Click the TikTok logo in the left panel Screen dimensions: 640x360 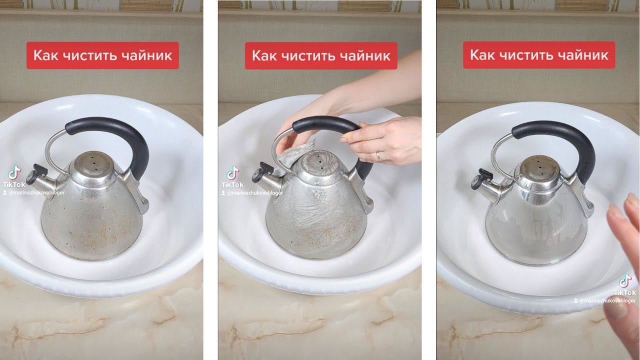(14, 173)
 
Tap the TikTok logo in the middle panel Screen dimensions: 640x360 (232, 173)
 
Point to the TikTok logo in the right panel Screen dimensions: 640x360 (625, 281)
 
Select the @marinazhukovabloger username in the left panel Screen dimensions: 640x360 (34, 193)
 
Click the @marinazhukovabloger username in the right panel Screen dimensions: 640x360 (604, 301)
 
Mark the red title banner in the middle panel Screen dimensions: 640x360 (321, 55)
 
